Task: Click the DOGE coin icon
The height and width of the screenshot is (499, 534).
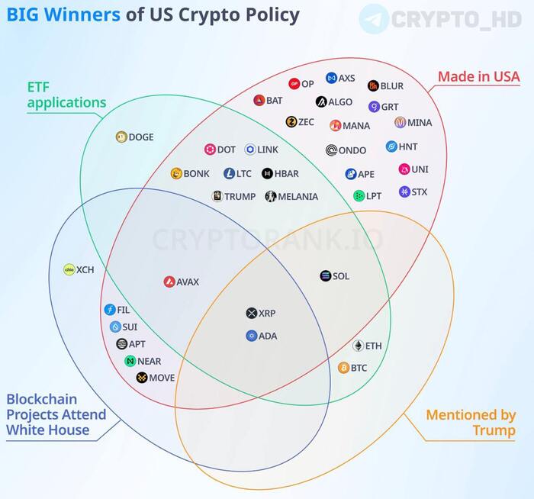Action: (121, 137)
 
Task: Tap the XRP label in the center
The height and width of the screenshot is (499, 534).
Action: (267, 314)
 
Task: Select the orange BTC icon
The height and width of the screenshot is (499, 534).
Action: (343, 368)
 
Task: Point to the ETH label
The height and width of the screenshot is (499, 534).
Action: (373, 346)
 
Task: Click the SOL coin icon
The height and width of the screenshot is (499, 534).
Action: (325, 276)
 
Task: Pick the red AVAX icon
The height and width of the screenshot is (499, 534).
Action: (169, 282)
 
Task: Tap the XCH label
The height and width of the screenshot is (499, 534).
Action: (84, 269)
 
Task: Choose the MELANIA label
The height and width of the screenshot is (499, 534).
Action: (298, 196)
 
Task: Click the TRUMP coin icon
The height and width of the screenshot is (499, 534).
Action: (217, 196)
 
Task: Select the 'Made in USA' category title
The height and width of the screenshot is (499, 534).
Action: (478, 76)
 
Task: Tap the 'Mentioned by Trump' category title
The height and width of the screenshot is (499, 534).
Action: (470, 423)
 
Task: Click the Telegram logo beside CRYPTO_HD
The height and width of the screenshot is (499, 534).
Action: (374, 18)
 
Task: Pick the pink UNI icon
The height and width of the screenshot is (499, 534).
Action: (404, 169)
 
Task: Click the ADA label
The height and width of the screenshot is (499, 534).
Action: (268, 336)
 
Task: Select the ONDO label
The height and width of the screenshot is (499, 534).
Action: (352, 150)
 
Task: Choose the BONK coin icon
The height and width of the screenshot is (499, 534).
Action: (176, 174)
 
